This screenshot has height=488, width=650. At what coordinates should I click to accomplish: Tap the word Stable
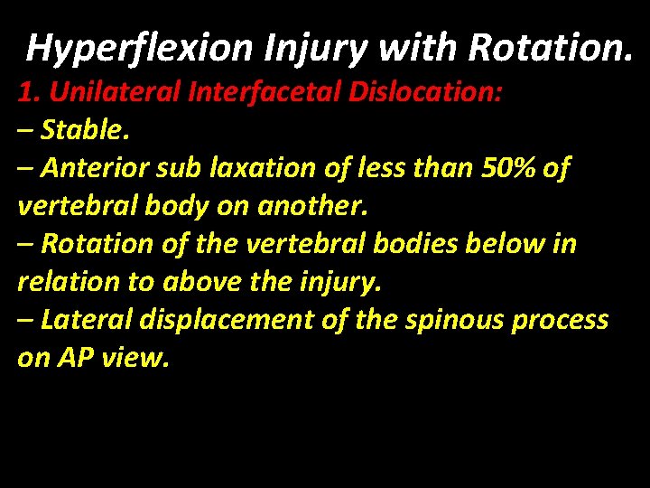(x=87, y=130)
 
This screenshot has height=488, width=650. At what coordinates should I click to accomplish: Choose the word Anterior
(x=101, y=168)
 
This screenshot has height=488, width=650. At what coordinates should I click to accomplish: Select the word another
(x=311, y=206)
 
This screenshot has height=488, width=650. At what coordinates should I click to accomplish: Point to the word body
(x=169, y=206)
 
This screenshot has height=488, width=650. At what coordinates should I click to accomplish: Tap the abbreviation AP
(x=73, y=358)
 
